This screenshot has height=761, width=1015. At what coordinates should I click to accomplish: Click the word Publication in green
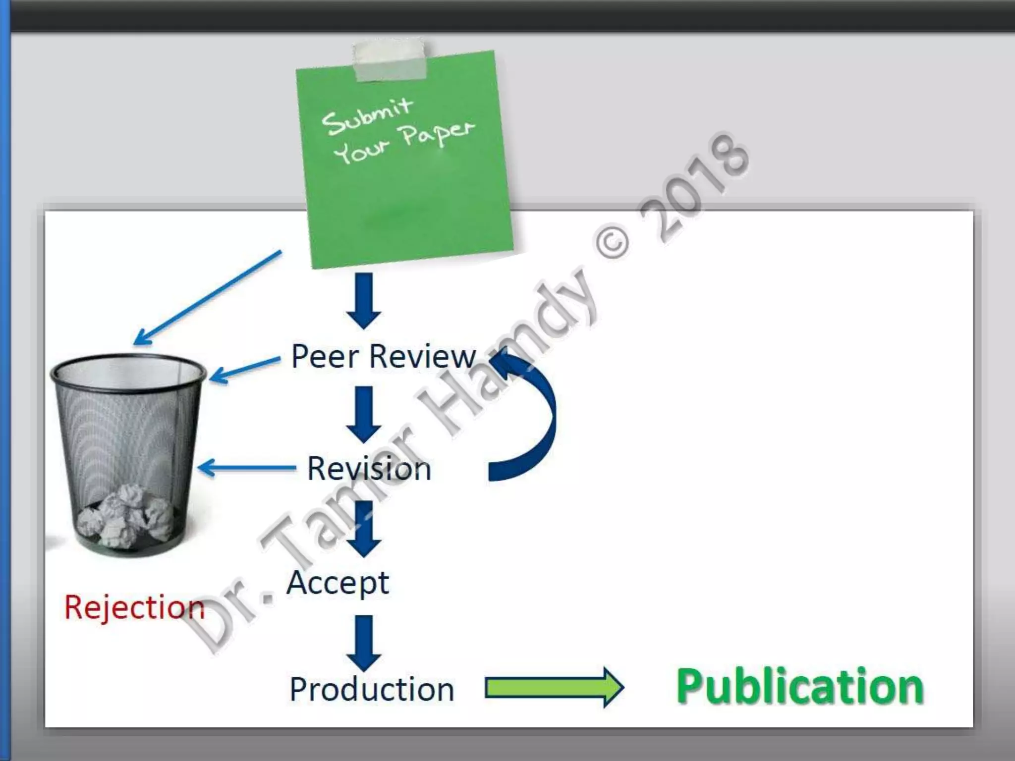click(800, 687)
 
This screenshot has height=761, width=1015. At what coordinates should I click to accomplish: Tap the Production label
click(372, 689)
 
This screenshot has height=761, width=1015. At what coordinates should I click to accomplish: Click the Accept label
click(338, 583)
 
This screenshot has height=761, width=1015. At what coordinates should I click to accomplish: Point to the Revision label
click(369, 468)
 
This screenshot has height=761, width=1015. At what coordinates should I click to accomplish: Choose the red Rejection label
click(134, 607)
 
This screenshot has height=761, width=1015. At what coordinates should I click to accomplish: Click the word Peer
click(325, 356)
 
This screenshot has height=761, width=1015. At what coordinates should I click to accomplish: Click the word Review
click(422, 356)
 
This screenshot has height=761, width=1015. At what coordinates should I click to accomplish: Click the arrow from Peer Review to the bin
click(245, 369)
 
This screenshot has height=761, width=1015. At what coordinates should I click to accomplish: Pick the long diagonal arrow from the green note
click(208, 297)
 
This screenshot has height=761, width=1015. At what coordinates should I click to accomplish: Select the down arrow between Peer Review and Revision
click(364, 414)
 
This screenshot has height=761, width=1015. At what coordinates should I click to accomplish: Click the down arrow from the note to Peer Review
click(364, 300)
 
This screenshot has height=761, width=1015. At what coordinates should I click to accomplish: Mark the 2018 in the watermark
click(694, 188)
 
